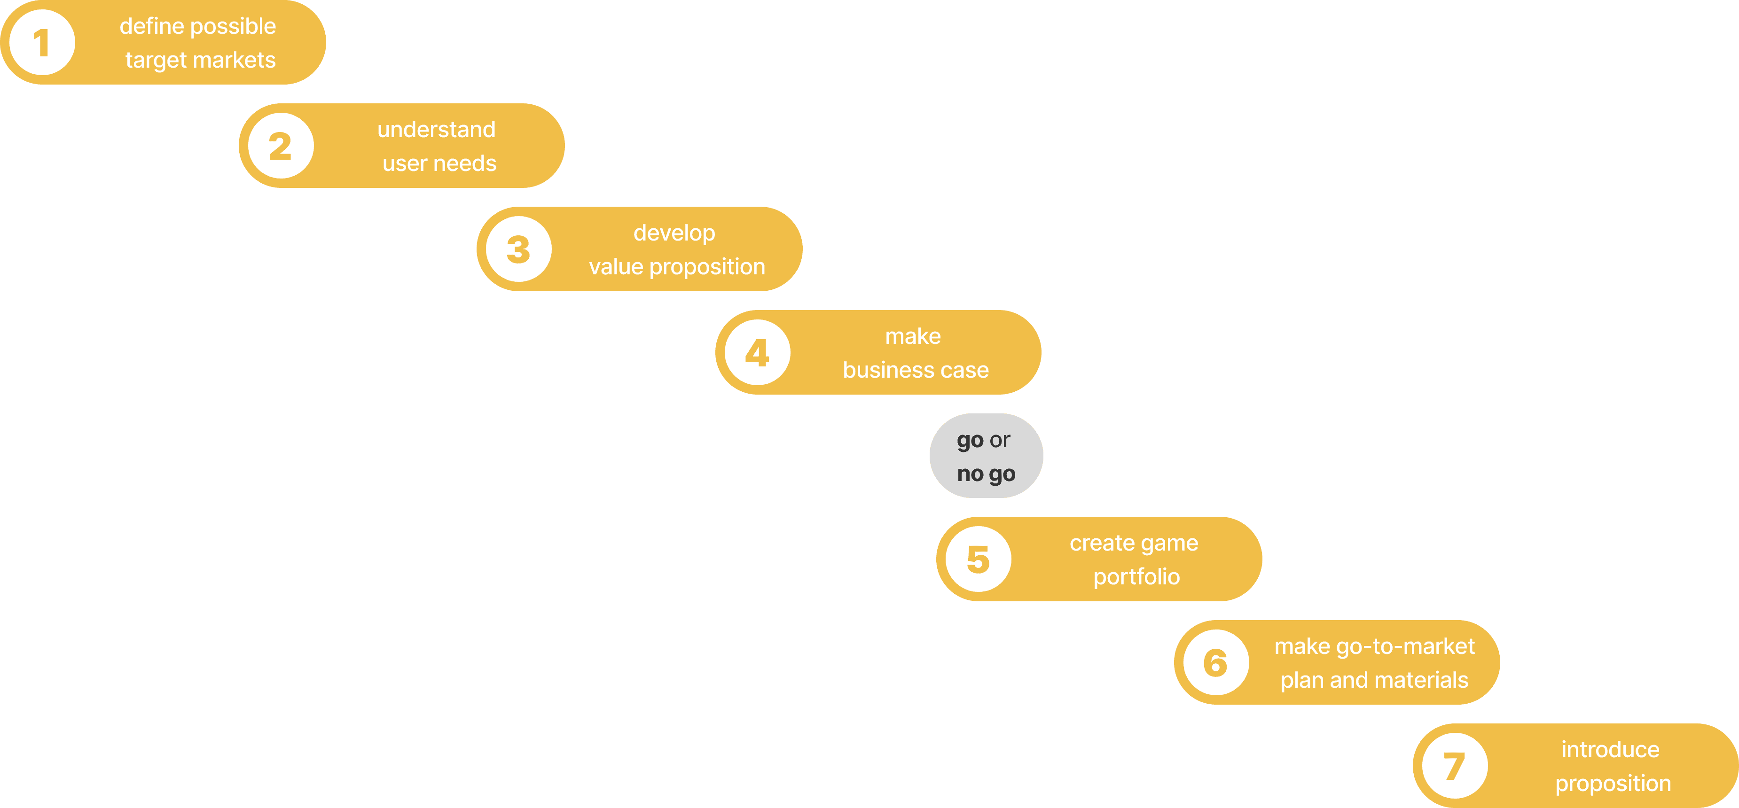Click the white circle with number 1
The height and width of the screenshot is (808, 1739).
[x=42, y=43]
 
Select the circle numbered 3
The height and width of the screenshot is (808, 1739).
[x=518, y=249]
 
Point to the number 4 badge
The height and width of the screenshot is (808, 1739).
[x=758, y=352]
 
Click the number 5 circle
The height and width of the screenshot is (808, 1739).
[x=978, y=559]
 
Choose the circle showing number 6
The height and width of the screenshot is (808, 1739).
[x=1216, y=662]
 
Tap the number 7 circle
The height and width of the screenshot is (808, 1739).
[x=1455, y=765]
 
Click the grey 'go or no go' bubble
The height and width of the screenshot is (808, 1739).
[x=986, y=456]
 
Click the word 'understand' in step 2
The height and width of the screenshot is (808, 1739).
[x=436, y=130]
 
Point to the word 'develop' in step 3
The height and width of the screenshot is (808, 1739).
[x=674, y=233]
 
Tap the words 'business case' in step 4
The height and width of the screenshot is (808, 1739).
[x=916, y=370]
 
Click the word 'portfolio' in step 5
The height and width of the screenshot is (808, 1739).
[x=1136, y=576]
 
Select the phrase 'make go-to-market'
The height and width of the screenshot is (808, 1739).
[x=1374, y=646]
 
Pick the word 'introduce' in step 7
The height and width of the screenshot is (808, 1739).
[x=1610, y=749]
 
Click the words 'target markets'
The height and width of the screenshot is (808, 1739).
[x=201, y=60]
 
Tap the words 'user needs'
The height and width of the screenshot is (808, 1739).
[x=439, y=163]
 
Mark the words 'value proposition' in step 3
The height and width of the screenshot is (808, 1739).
[x=677, y=267]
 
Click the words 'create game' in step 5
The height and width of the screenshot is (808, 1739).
[x=1134, y=543]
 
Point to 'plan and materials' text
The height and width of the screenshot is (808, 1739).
[x=1374, y=680]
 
